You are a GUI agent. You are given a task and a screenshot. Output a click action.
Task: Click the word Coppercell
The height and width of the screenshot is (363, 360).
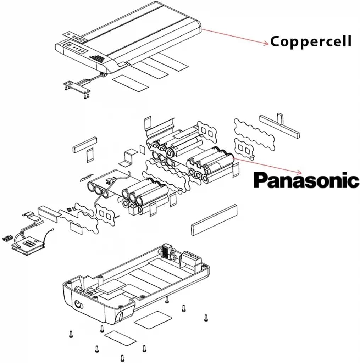311,41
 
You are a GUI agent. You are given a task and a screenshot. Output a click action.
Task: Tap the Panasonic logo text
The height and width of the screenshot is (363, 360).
306,180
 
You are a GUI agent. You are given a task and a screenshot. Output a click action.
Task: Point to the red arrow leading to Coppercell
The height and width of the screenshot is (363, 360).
235,37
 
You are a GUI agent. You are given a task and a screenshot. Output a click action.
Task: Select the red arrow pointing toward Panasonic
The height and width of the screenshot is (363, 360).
268,166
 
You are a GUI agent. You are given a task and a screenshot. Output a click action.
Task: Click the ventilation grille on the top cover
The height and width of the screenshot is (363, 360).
97,59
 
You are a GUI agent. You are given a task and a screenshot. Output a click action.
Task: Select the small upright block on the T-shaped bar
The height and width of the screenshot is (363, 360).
280,118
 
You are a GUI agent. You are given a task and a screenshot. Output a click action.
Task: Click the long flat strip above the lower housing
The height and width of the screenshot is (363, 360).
214,220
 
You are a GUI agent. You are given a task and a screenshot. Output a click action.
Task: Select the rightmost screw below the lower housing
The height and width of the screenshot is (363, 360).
206,318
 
